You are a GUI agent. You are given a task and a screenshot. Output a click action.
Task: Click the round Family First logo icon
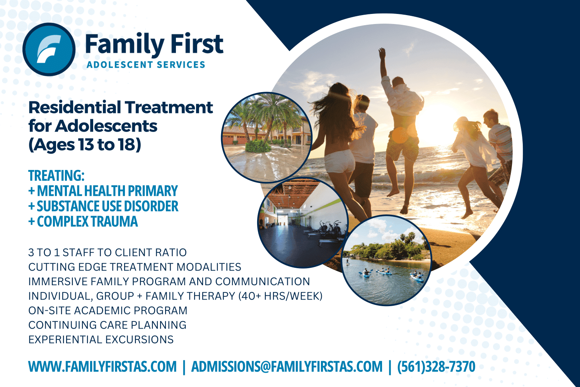tap(49, 49)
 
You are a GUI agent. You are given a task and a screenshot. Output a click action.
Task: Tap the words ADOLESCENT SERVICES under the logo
tap(146, 65)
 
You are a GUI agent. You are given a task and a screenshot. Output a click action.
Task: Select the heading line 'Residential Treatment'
tap(120, 108)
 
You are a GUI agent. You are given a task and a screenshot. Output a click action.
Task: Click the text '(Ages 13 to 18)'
tap(85, 145)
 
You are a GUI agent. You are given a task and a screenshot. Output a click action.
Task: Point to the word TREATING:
tap(56, 176)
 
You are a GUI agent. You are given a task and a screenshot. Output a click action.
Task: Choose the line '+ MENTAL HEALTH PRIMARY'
tap(103, 191)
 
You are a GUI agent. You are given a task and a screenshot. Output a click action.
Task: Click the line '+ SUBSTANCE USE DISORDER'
tap(103, 206)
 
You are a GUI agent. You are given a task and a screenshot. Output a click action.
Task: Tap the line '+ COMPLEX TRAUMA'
tap(83, 222)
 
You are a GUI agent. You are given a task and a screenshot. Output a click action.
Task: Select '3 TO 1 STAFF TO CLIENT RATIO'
tap(107, 253)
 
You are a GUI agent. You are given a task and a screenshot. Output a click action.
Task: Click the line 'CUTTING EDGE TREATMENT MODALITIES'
tap(135, 267)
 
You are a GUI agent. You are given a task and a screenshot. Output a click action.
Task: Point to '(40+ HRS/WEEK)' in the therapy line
tap(280, 296)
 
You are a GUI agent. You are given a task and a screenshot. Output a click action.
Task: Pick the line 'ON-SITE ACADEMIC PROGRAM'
tap(108, 311)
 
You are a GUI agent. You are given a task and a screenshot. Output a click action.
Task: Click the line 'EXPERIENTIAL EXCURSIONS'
tap(101, 340)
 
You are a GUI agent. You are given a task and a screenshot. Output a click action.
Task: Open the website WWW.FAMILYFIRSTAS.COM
tap(102, 366)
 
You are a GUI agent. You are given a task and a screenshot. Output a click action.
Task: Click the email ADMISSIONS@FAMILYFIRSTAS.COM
tap(287, 366)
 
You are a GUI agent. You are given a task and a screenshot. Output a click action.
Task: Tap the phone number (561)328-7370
tap(436, 366)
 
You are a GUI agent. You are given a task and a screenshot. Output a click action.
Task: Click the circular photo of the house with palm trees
tap(266, 137)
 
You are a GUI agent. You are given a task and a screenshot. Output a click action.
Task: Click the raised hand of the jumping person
tap(382, 52)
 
